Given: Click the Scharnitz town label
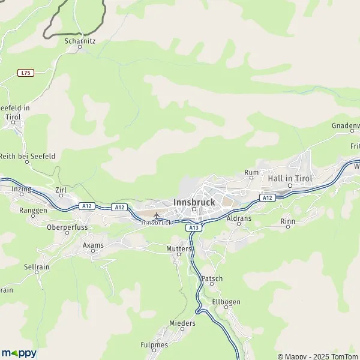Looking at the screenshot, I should tap(80, 41).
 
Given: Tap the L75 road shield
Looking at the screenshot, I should tap(25, 73).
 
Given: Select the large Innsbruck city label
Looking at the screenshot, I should tap(194, 202).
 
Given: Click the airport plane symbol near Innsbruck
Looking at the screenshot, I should tap(157, 215).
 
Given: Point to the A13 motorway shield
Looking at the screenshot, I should tap(193, 227).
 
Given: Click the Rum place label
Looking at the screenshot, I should tap(251, 172).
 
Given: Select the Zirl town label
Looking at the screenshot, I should tap(61, 190).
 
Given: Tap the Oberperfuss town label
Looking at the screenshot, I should tap(67, 227).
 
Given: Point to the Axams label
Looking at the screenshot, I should tap(93, 245).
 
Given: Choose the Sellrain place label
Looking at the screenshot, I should tap(36, 266).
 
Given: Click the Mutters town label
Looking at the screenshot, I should tap(178, 248).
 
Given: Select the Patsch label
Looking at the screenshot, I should tap(212, 278).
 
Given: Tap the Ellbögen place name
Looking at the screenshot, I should tap(226, 301).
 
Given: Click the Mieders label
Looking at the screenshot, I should tap(182, 323).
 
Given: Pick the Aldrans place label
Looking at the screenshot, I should tap(239, 219).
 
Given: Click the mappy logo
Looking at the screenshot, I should tap(19, 353).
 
